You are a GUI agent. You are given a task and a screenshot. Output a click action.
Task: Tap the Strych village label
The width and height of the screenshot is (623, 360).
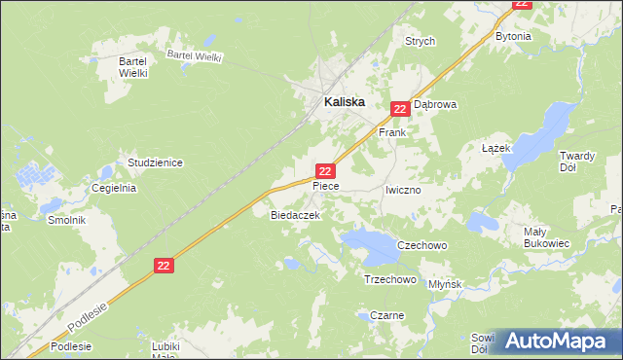(x=420, y=42)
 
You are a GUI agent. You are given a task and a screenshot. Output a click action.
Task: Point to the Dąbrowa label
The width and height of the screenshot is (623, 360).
(x=435, y=103)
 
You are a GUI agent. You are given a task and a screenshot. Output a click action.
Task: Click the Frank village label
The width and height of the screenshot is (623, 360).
(x=391, y=131)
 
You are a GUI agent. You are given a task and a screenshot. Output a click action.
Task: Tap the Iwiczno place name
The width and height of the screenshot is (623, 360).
(x=402, y=191)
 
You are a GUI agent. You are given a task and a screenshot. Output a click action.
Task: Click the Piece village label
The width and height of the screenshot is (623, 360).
(x=325, y=184)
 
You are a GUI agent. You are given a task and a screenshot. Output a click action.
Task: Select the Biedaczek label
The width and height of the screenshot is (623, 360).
(x=289, y=216)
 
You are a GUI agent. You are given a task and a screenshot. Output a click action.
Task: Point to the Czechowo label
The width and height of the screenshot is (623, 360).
(x=422, y=246)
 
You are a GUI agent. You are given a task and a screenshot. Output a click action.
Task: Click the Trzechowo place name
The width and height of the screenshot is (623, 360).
(x=389, y=279)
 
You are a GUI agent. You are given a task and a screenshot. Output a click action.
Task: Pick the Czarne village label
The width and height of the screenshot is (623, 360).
(x=386, y=315)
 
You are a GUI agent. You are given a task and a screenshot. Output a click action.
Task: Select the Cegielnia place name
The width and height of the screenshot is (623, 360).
(x=113, y=188)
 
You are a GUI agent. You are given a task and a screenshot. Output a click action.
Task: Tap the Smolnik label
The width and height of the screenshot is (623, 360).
(x=67, y=220)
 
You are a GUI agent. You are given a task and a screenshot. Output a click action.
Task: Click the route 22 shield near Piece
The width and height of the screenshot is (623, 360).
(x=326, y=169)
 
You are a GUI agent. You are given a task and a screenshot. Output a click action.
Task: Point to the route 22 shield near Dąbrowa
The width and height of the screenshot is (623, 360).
(x=399, y=110)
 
